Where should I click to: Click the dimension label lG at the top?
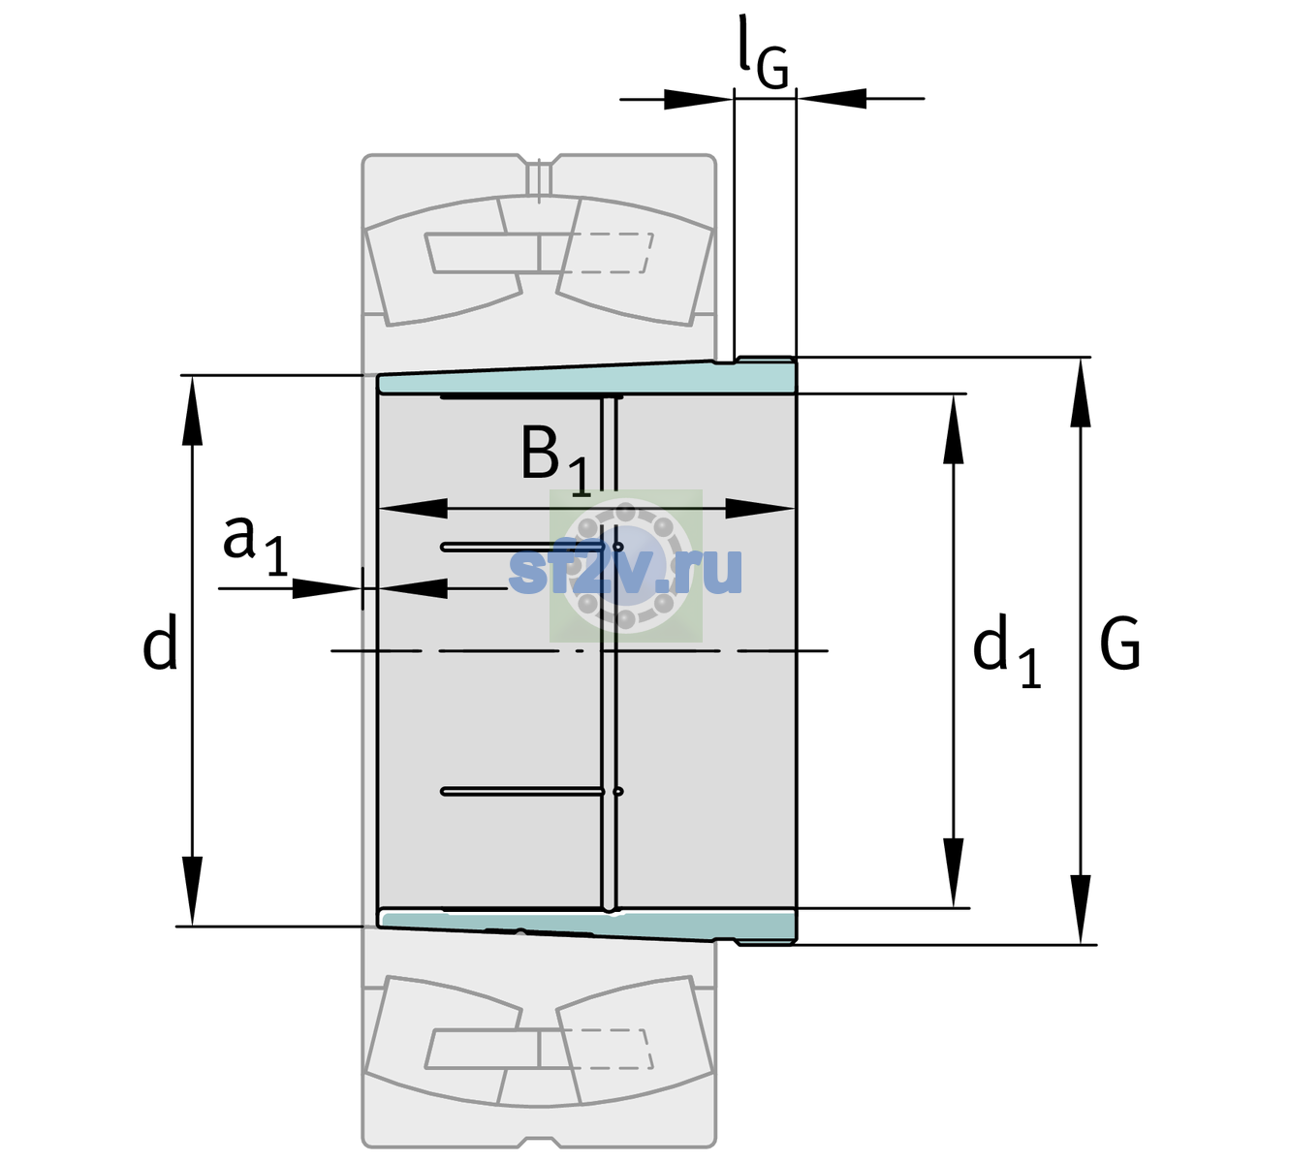[763, 52]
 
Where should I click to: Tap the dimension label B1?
[555, 459]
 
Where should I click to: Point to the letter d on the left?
[159, 641]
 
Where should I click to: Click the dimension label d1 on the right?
[1006, 650]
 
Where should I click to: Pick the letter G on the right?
[1120, 644]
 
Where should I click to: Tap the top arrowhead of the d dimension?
[192, 410]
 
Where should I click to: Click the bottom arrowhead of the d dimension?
[192, 892]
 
